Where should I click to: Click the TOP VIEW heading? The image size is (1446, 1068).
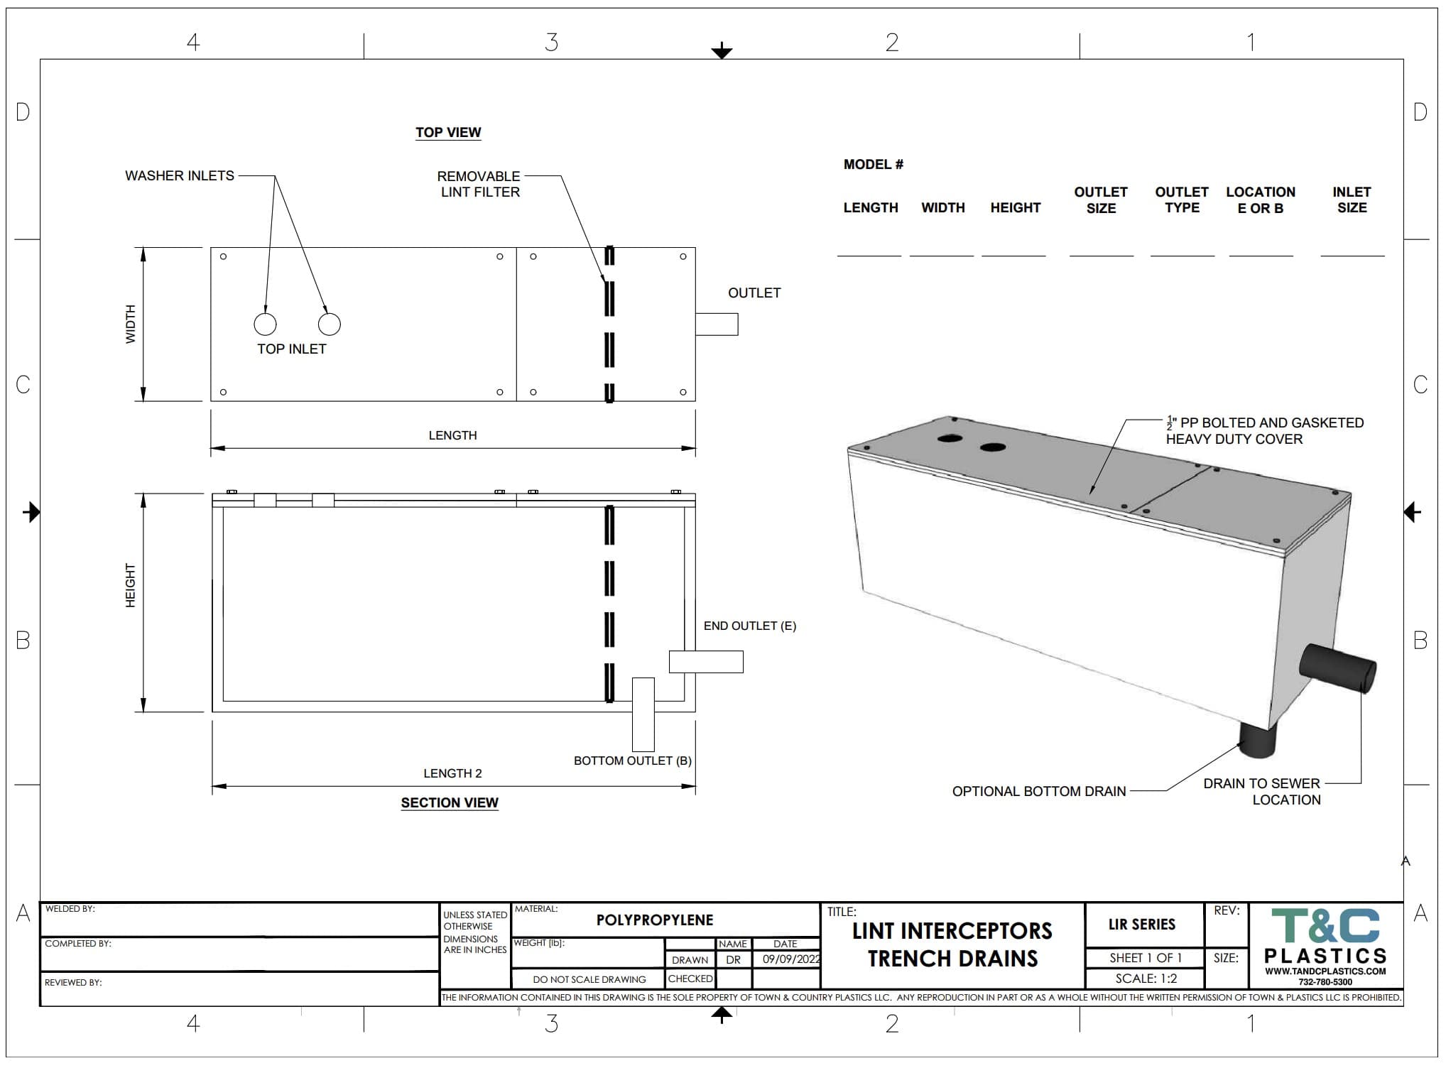tap(448, 133)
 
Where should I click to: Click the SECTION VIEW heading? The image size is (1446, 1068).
tap(450, 802)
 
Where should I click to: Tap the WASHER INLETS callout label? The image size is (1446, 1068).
tap(180, 175)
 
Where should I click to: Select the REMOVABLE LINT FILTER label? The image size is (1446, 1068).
tap(479, 184)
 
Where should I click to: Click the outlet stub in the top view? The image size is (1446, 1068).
tap(717, 324)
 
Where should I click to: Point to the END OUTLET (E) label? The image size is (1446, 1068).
tap(750, 626)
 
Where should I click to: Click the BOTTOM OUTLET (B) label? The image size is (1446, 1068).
tap(633, 761)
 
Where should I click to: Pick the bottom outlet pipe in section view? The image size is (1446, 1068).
tap(643, 714)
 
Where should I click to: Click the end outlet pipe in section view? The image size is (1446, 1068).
tap(706, 662)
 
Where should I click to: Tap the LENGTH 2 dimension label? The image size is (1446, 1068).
tap(452, 773)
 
